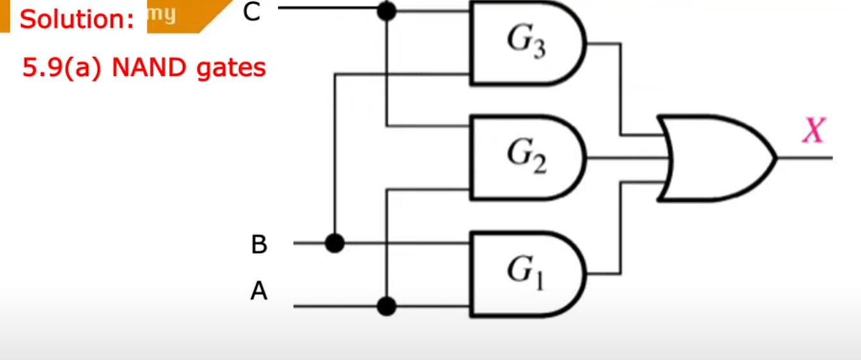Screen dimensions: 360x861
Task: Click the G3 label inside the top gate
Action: click(x=526, y=43)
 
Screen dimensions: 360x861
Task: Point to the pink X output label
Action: click(x=813, y=132)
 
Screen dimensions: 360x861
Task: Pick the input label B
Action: click(x=259, y=244)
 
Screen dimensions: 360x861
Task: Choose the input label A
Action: click(x=259, y=292)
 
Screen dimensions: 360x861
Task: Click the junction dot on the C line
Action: click(x=386, y=10)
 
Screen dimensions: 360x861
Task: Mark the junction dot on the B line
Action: click(x=335, y=243)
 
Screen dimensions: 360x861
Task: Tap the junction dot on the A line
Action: click(x=386, y=306)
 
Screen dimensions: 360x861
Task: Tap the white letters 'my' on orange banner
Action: click(x=162, y=14)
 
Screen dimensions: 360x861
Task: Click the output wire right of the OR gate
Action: click(x=806, y=158)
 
